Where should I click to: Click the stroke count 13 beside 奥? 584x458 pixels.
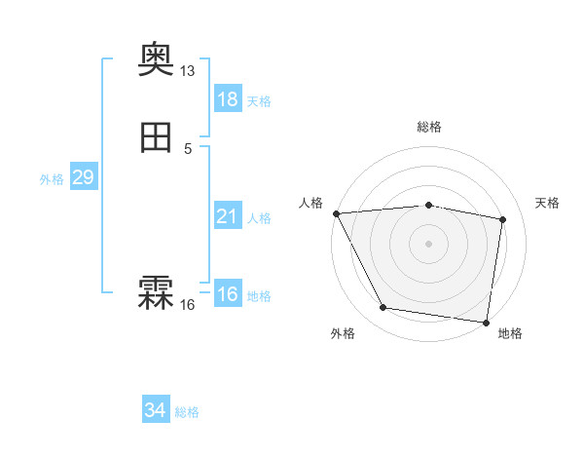pyautogui.click(x=188, y=71)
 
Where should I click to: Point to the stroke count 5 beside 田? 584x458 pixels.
pyautogui.click(x=188, y=149)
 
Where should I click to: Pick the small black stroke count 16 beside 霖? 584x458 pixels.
pyautogui.click(x=188, y=305)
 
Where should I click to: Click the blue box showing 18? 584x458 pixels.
pyautogui.click(x=227, y=99)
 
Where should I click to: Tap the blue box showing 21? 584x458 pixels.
pyautogui.click(x=227, y=216)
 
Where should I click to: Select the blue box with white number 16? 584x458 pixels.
pyautogui.click(x=227, y=294)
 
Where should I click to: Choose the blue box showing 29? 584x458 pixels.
pyautogui.click(x=83, y=177)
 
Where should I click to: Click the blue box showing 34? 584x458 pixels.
pyautogui.click(x=155, y=411)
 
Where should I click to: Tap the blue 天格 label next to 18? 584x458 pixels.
pyautogui.click(x=259, y=101)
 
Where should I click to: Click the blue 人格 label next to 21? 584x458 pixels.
pyautogui.click(x=259, y=218)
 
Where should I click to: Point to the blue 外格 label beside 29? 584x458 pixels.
pyautogui.click(x=52, y=179)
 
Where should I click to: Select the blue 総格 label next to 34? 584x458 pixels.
pyautogui.click(x=187, y=413)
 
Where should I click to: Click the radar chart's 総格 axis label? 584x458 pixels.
pyautogui.click(x=428, y=127)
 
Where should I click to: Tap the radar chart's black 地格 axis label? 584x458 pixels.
pyautogui.click(x=510, y=333)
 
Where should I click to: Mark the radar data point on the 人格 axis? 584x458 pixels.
pyautogui.click(x=336, y=213)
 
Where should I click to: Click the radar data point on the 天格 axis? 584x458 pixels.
pyautogui.click(x=503, y=219)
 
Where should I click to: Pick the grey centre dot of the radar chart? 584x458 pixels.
pyautogui.click(x=428, y=244)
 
